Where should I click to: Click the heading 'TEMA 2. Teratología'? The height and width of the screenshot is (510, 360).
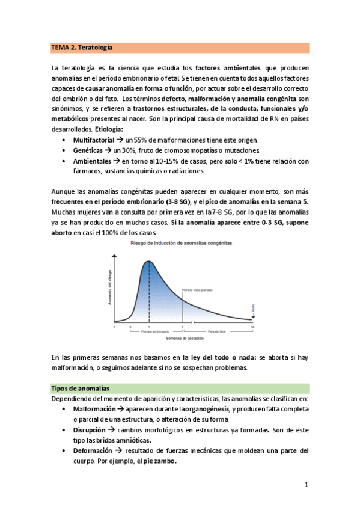point(82,47)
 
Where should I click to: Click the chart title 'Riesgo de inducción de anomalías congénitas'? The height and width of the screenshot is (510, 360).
point(180,242)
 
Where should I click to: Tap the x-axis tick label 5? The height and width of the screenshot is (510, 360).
point(149,327)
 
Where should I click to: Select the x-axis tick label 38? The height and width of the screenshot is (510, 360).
point(252,327)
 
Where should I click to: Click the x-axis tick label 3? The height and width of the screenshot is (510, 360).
point(130,327)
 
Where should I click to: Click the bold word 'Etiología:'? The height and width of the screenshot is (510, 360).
point(109,128)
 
